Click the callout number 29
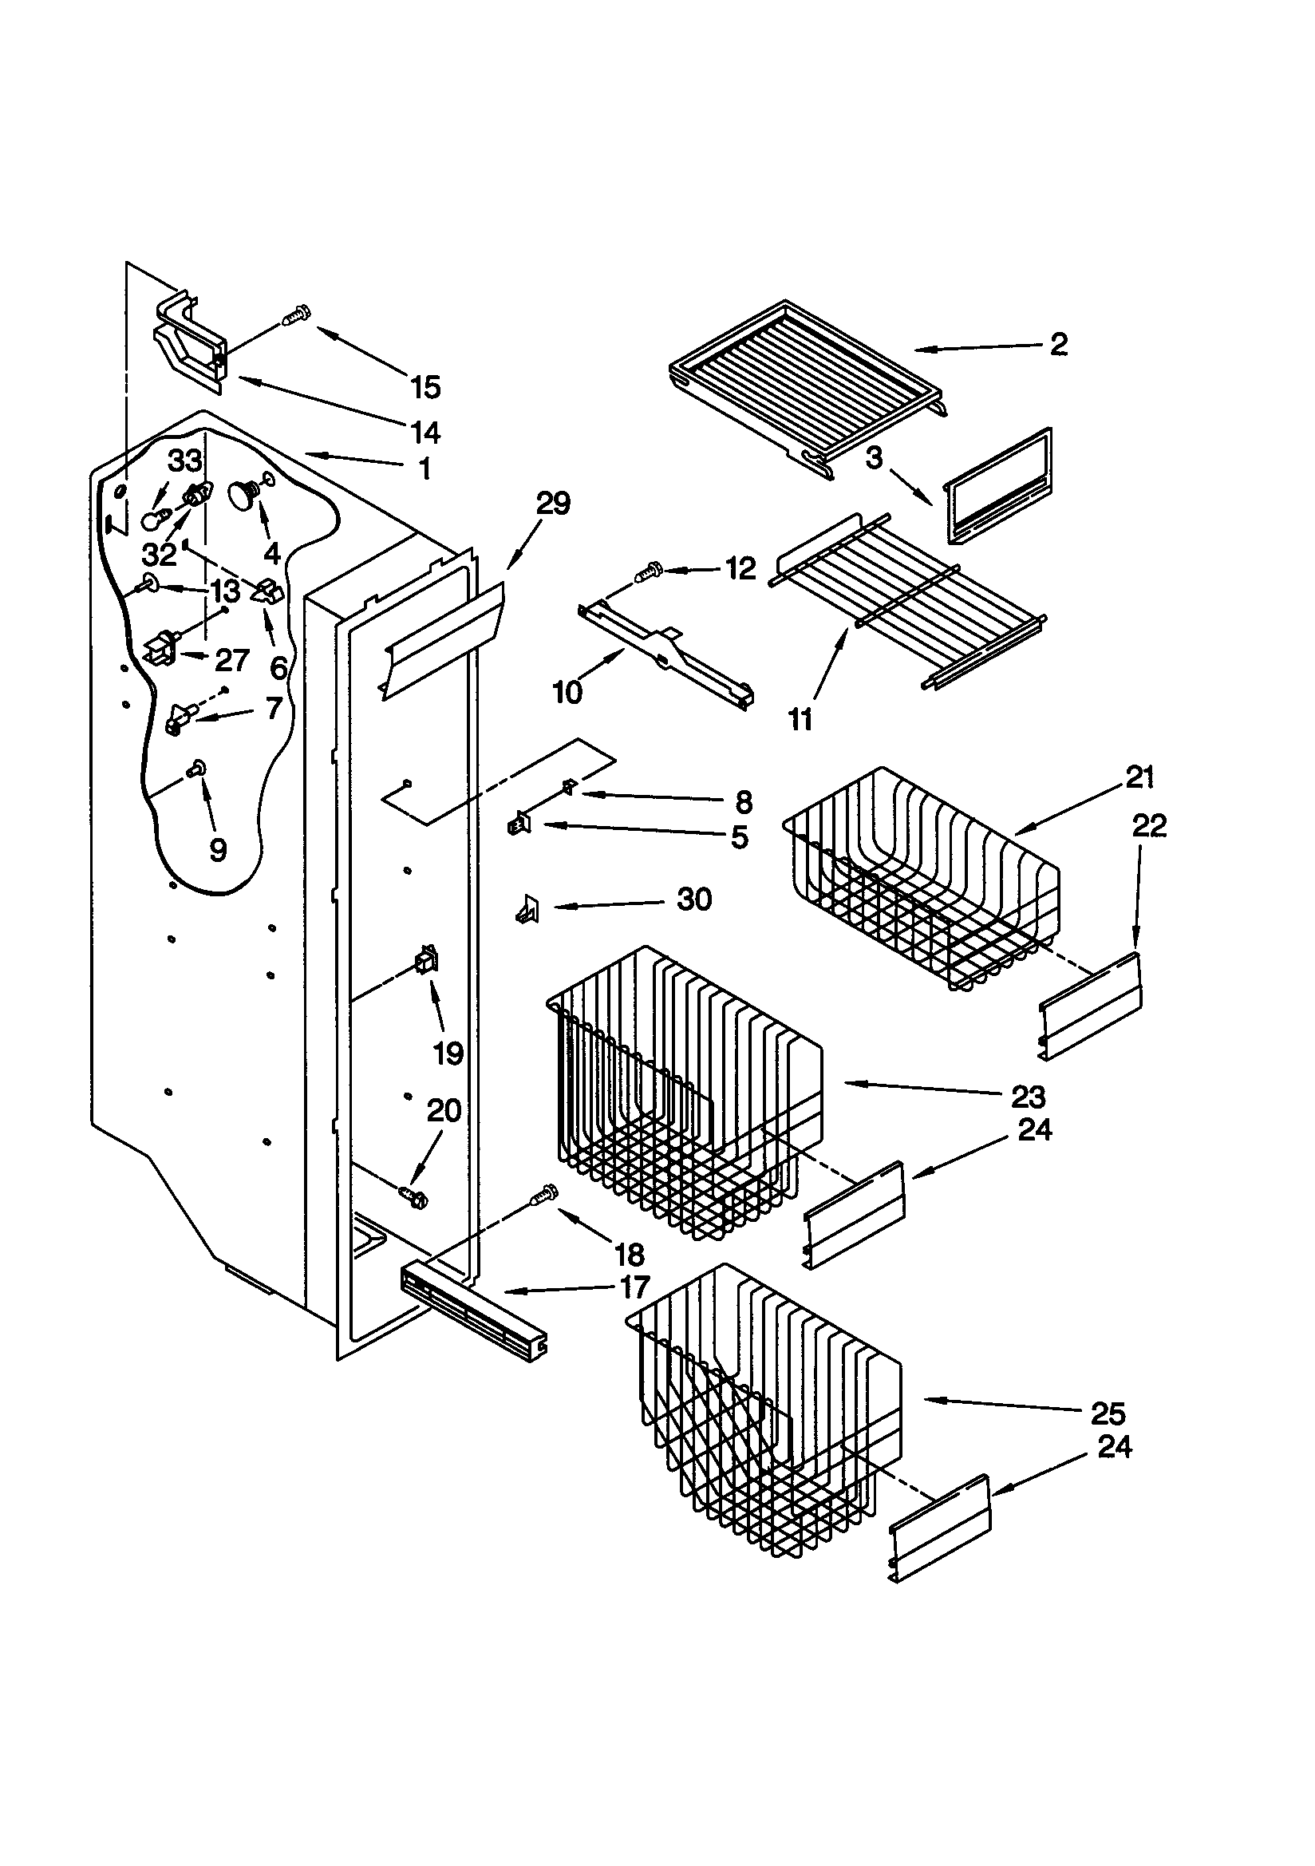tap(554, 503)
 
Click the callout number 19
tap(448, 1054)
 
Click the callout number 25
tap(1107, 1413)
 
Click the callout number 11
tap(800, 719)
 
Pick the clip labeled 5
tap(517, 826)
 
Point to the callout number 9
tap(217, 849)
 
